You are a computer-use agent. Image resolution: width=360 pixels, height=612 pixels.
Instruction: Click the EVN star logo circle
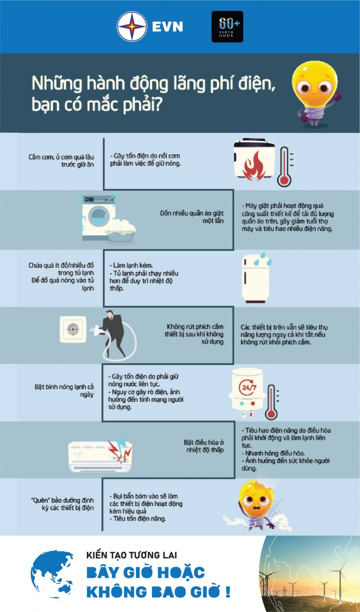point(132,27)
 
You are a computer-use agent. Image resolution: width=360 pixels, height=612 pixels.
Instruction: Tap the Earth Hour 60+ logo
point(227,27)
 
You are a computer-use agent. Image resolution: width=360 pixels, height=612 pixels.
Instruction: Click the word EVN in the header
point(167,27)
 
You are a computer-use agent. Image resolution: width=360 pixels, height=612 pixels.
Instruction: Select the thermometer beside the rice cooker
point(285,167)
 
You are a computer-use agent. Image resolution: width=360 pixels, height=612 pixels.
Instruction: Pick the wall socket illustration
point(73,329)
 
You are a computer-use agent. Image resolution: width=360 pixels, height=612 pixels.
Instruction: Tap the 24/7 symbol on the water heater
point(248,387)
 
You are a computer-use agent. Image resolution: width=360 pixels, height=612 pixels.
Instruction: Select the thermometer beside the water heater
point(271,402)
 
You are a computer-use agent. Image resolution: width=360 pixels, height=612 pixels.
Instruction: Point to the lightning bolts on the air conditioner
point(120,446)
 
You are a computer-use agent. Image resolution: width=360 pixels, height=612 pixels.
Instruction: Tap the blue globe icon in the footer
point(52,574)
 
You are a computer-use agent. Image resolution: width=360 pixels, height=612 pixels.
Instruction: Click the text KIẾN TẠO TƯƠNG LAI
point(131,555)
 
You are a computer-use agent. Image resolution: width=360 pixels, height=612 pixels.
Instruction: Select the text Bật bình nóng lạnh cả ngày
point(64,390)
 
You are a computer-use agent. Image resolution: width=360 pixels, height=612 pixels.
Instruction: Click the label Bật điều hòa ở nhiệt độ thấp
point(204,446)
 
